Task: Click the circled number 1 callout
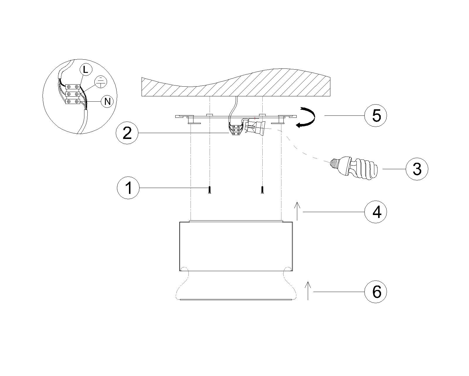pyautogui.click(x=128, y=188)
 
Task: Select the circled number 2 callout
pyautogui.click(x=127, y=133)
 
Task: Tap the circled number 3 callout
pyautogui.click(x=417, y=169)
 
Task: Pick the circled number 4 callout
pyautogui.click(x=376, y=212)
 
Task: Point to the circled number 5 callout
pyautogui.click(x=376, y=115)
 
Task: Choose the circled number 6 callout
pyautogui.click(x=376, y=292)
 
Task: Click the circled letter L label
pyautogui.click(x=86, y=70)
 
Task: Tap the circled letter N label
pyautogui.click(x=107, y=102)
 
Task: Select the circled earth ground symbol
pyautogui.click(x=101, y=82)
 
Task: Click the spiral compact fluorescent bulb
pyautogui.click(x=354, y=168)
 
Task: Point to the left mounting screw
pyautogui.click(x=209, y=189)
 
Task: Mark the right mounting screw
pyautogui.click(x=262, y=189)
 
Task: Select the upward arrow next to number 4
pyautogui.click(x=297, y=211)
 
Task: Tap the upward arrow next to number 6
pyautogui.click(x=308, y=291)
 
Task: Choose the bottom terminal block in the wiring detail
pyautogui.click(x=73, y=101)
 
